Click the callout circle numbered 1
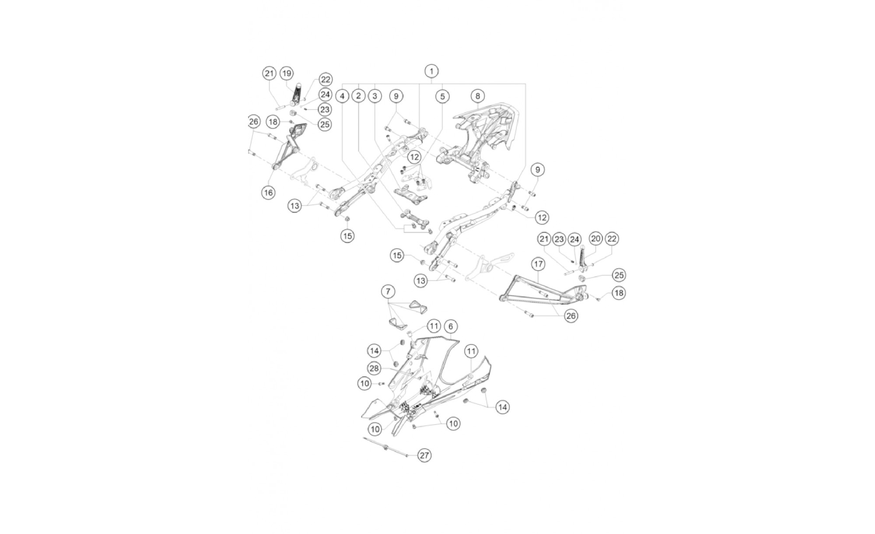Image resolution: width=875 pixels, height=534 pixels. [431, 71]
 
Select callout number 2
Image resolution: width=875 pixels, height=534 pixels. [358, 96]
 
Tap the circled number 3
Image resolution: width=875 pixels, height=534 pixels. [374, 96]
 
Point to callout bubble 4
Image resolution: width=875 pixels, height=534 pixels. [343, 96]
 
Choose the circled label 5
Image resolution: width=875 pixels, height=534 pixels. [442, 96]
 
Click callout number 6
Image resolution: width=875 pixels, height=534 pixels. [451, 326]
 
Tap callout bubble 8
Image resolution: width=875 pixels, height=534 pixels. [478, 96]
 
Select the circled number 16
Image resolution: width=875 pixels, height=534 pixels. [268, 192]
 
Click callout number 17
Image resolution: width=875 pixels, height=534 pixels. [538, 264]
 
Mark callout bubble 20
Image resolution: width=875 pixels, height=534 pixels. [596, 239]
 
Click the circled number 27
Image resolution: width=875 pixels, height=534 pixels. [424, 455]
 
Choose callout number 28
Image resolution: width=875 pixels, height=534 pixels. [374, 369]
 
